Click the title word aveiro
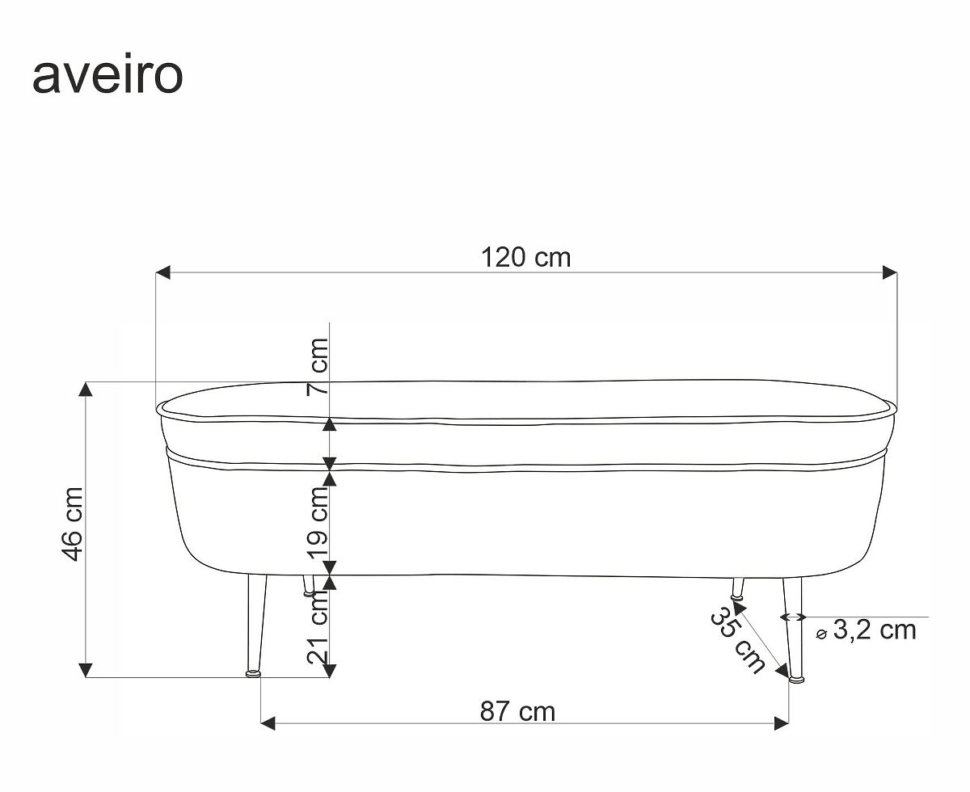(x=108, y=74)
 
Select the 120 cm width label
(x=525, y=258)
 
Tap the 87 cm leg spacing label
(x=517, y=711)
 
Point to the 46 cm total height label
(x=73, y=524)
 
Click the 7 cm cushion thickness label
(x=318, y=367)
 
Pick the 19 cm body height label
(x=318, y=523)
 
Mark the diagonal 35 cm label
(x=737, y=640)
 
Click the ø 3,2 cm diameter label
(x=866, y=630)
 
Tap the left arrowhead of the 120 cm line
(x=162, y=272)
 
